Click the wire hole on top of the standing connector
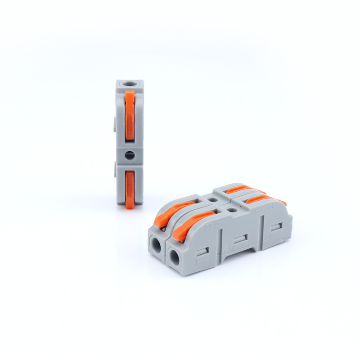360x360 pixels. pyautogui.click(x=130, y=84)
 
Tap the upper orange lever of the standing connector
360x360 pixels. pyautogui.click(x=130, y=115)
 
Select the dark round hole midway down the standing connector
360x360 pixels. pyautogui.click(x=130, y=155)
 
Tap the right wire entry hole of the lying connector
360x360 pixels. pyautogui.click(x=175, y=256)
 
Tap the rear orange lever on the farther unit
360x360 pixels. pyautogui.click(x=243, y=189)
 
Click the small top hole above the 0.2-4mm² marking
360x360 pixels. pyautogui.click(x=231, y=209)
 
